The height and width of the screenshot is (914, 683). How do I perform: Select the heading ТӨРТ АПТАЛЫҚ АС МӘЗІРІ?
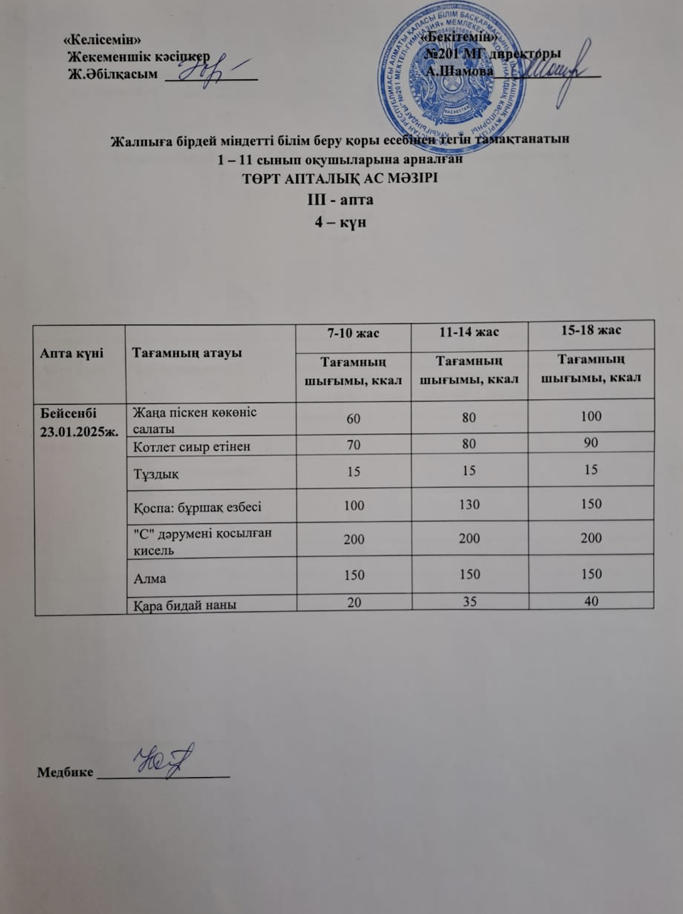pos(340,179)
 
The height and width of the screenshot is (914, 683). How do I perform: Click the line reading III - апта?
pos(340,199)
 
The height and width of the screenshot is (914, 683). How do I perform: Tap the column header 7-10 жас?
pos(353,333)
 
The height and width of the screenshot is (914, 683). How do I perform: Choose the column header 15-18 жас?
pos(591,330)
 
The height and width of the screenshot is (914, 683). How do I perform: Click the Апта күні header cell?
pos(72,353)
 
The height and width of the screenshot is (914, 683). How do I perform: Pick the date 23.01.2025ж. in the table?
pos(79,431)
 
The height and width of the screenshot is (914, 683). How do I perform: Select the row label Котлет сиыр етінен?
pos(192,446)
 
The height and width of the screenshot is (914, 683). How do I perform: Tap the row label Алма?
pos(150,578)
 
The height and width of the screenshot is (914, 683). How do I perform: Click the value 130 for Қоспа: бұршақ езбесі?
pos(469,504)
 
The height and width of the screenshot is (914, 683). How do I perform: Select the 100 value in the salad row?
pos(591,416)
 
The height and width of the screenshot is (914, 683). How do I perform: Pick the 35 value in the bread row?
pos(469,602)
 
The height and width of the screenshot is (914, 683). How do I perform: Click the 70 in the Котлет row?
pos(353,444)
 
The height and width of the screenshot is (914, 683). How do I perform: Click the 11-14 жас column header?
pos(469,332)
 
